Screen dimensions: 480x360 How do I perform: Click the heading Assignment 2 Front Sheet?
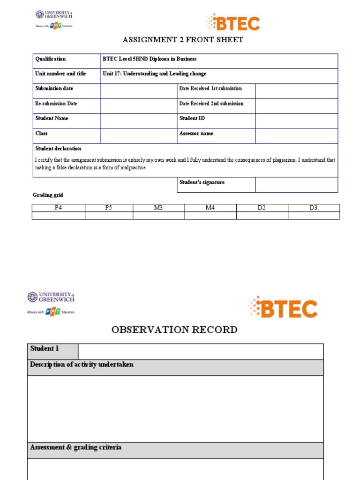(183, 40)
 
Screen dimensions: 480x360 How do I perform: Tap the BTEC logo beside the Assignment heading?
(233, 22)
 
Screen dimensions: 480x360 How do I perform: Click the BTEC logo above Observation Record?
(283, 307)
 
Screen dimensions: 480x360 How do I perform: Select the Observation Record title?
(174, 330)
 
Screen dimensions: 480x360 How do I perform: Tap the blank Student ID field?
(296, 121)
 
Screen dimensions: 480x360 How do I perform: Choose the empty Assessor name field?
(296, 136)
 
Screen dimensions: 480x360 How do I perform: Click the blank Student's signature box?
(296, 185)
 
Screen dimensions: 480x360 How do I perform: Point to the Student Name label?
(52, 118)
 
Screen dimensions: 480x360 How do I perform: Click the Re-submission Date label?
(56, 104)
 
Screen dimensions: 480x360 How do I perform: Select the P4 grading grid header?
(58, 208)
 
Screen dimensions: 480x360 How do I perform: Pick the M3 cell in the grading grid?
(158, 208)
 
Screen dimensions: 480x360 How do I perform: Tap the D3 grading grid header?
(314, 208)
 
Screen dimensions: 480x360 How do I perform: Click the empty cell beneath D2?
(262, 216)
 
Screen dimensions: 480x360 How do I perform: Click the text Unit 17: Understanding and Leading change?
(154, 74)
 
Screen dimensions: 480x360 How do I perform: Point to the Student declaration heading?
(58, 149)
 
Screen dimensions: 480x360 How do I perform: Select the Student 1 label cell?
(52, 352)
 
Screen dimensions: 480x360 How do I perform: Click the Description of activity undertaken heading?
(82, 365)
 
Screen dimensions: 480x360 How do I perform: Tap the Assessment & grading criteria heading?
(76, 448)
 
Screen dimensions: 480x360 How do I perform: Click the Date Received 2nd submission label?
(211, 104)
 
